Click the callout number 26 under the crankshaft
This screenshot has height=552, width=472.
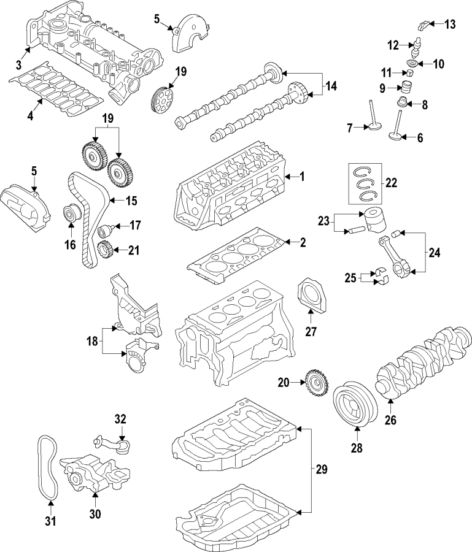pyautogui.click(x=390, y=421)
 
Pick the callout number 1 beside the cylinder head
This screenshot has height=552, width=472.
pyautogui.click(x=301, y=177)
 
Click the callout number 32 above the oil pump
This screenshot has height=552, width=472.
pyautogui.click(x=120, y=420)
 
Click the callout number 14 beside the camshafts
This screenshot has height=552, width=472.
pyautogui.click(x=331, y=86)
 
